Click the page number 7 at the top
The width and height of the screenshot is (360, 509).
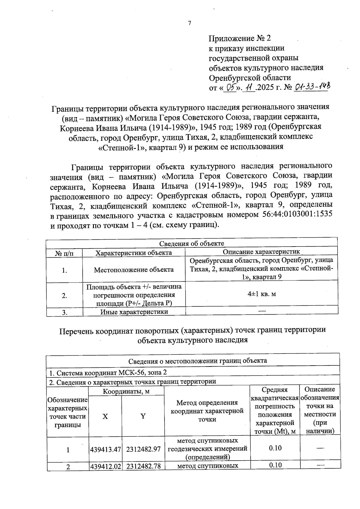click(189, 23)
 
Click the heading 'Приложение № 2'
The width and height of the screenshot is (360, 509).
click(240, 38)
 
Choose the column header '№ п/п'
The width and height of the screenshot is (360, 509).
click(64, 253)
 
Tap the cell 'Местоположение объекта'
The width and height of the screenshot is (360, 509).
click(134, 270)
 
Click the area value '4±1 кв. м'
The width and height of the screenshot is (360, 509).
click(262, 294)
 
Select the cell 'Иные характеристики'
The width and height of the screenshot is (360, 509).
click(134, 312)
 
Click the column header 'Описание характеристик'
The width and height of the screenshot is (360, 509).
click(261, 252)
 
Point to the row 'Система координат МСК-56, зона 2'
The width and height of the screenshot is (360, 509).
click(108, 373)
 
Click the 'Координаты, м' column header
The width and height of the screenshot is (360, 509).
click(126, 391)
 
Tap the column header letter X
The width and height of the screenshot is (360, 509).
click(105, 416)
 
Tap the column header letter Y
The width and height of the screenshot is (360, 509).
click(143, 416)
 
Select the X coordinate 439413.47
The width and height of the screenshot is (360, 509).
click(105, 449)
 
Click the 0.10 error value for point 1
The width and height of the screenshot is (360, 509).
click(275, 448)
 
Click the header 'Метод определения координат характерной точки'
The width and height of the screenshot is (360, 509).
click(207, 411)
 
